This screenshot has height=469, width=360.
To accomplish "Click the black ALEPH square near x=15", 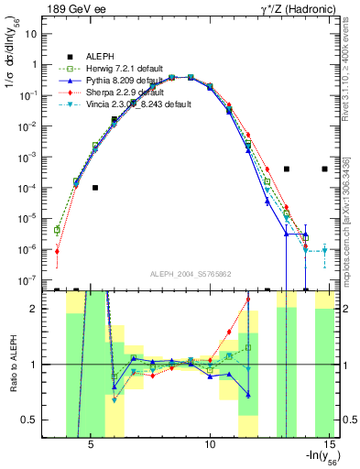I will (325, 169).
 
